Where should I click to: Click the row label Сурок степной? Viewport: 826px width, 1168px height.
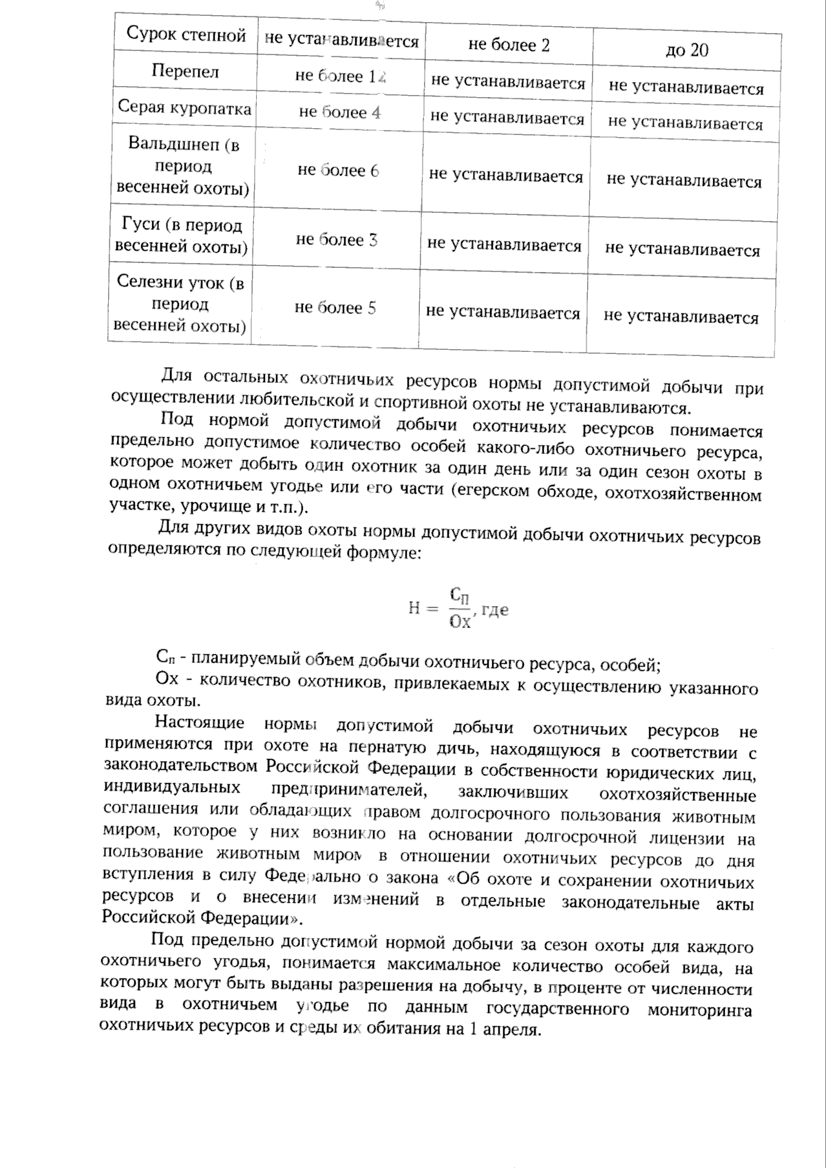186,36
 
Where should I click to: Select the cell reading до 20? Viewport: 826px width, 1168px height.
687,50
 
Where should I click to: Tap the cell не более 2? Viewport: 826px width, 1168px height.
509,45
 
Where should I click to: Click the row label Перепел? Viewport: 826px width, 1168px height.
185,72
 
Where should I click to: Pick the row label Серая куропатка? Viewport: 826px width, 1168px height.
184,108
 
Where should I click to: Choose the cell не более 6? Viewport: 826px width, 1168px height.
338,170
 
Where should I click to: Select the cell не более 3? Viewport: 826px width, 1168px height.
337,240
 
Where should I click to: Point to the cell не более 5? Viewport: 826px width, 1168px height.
335,307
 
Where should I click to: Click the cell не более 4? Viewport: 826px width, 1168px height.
339,112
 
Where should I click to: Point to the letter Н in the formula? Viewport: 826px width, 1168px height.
414,608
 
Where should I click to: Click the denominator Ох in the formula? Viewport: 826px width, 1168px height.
459,622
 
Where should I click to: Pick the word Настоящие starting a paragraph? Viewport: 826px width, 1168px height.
200,722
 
